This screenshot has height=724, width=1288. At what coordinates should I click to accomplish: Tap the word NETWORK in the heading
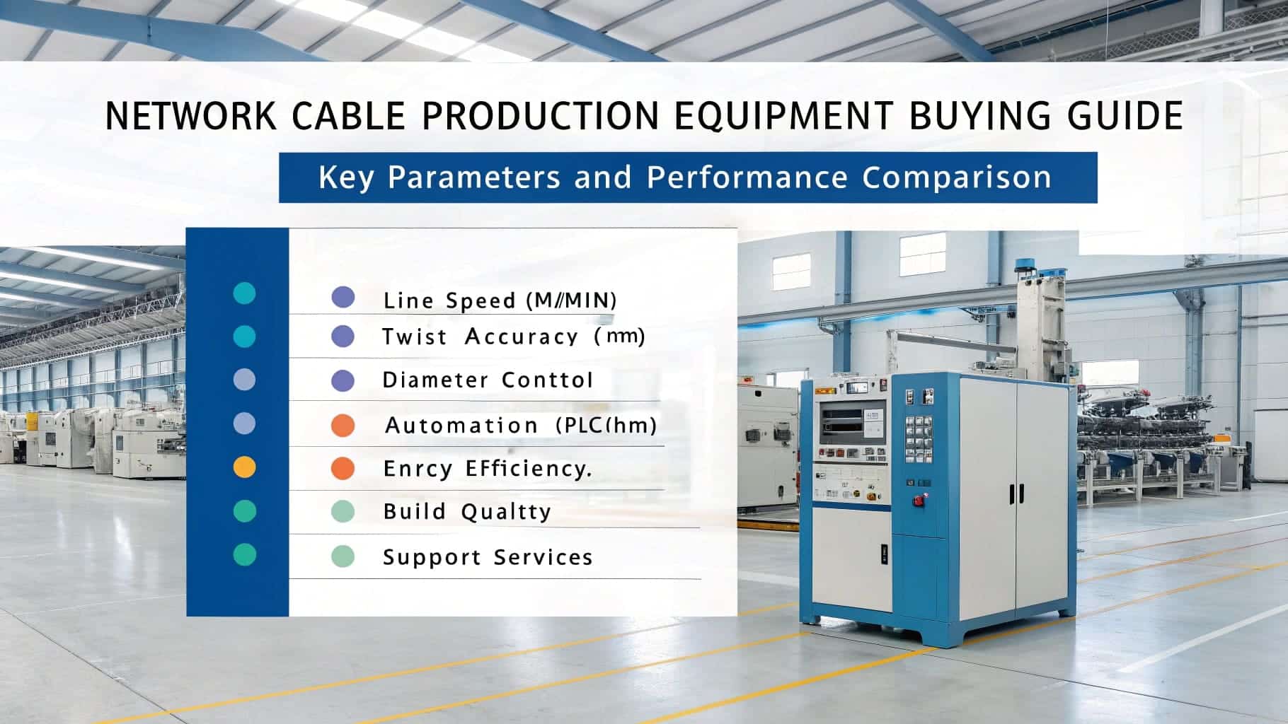190,116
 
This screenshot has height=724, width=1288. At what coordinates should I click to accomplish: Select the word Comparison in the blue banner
956,177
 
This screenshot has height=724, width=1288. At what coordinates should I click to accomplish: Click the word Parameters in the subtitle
473,177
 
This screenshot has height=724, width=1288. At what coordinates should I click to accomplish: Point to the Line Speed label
500,300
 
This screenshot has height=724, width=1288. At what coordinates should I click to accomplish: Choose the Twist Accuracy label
513,337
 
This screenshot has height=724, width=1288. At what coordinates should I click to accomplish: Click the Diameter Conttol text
487,380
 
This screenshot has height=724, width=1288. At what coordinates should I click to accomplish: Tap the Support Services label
487,557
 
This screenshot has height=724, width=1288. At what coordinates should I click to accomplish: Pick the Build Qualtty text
467,512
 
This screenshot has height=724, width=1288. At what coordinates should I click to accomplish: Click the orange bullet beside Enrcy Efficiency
343,468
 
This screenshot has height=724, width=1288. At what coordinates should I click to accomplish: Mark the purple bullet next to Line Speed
343,297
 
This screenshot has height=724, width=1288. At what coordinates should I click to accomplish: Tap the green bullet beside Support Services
343,556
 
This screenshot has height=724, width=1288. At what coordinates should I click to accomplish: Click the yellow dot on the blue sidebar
244,467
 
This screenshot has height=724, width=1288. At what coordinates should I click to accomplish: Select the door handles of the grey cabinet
1016,494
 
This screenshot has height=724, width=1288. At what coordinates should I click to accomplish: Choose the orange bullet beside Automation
343,426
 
